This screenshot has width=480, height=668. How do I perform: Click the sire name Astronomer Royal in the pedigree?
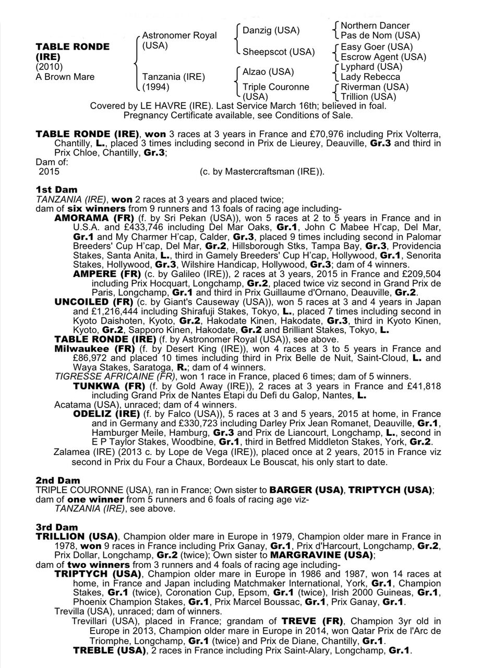coord(179,35)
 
